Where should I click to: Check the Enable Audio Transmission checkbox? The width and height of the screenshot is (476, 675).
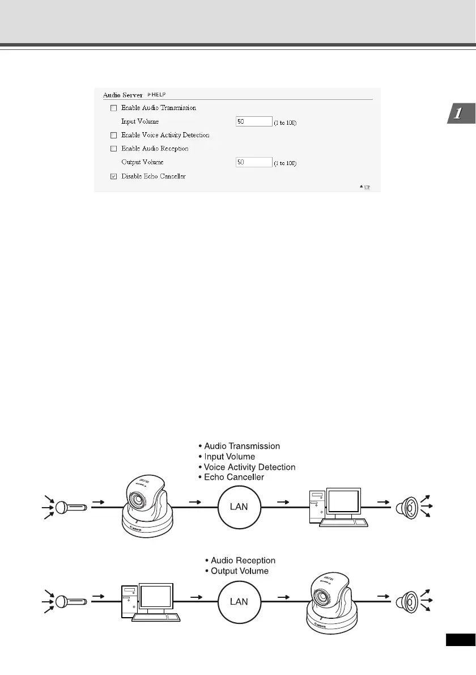(113, 108)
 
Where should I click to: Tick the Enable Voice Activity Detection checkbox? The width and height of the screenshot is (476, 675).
(113, 135)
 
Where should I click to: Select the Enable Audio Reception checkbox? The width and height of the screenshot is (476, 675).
(113, 149)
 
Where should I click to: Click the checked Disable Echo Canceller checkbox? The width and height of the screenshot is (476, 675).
(113, 176)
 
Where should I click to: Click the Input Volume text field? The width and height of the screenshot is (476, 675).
(254, 121)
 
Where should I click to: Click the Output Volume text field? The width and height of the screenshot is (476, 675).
(254, 162)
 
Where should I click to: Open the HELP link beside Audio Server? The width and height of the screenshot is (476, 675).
(157, 94)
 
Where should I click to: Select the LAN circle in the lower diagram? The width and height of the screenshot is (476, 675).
(240, 601)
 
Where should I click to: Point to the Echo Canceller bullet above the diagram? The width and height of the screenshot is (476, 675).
(233, 477)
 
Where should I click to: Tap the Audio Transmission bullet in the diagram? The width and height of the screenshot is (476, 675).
(242, 446)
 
